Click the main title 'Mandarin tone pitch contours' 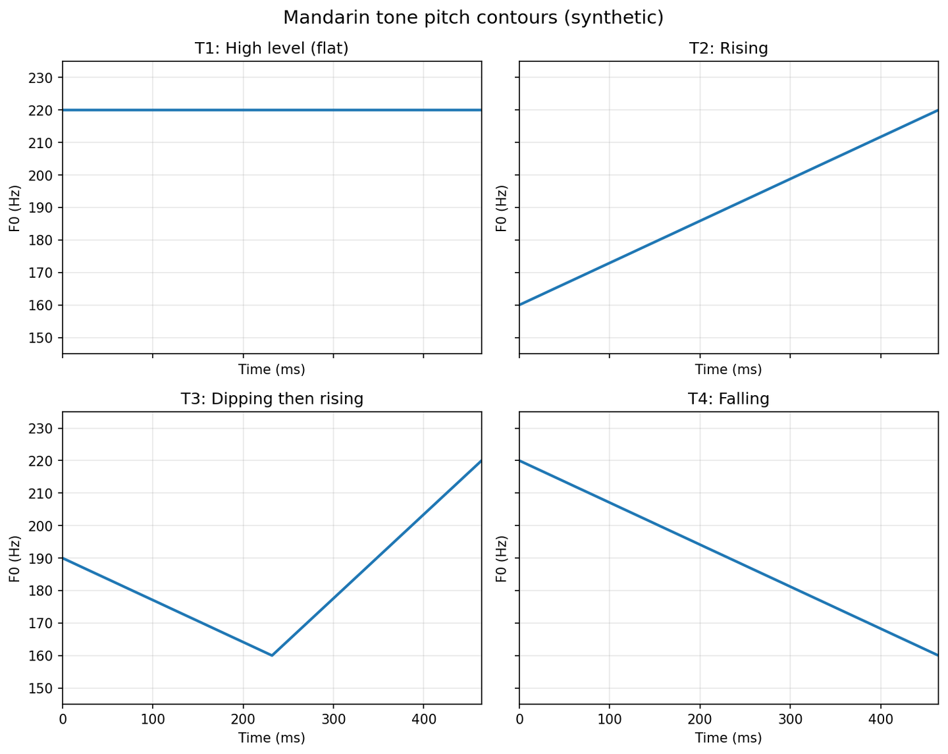[x=473, y=18]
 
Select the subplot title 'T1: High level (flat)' [x=271, y=48]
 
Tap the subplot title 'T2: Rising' [x=728, y=48]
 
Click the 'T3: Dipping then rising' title [x=271, y=398]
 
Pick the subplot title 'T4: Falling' [x=728, y=398]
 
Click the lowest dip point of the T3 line [x=272, y=655]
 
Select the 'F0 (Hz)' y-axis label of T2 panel [x=501, y=208]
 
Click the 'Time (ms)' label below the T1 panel [x=271, y=369]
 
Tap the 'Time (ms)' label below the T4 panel [x=728, y=738]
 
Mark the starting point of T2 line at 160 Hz [x=520, y=305]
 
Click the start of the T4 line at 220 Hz [x=520, y=461]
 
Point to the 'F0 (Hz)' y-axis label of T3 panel [x=15, y=558]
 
